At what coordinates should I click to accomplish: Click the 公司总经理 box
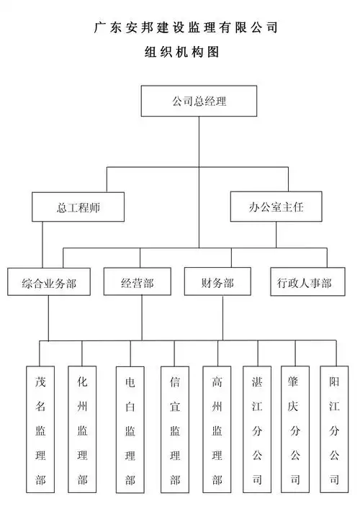coord(199,101)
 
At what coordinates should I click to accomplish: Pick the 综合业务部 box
coord(49,283)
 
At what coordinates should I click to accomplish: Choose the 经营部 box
coord(138,283)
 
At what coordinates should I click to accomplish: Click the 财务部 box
coord(218,283)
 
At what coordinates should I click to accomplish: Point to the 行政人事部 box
coord(304,283)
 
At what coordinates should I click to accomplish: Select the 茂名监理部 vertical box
coord(40,430)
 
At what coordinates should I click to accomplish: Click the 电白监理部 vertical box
coord(130,430)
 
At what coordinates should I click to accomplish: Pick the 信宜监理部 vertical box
coord(175,430)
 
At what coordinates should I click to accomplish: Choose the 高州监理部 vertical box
coord(217,430)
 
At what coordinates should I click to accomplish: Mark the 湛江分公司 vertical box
coord(257,430)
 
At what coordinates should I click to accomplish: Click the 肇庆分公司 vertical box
coord(295,430)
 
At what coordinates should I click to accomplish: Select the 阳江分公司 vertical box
coord(333,430)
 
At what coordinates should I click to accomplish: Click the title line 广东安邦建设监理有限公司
coord(186,28)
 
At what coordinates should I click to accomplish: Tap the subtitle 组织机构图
coord(181,53)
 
